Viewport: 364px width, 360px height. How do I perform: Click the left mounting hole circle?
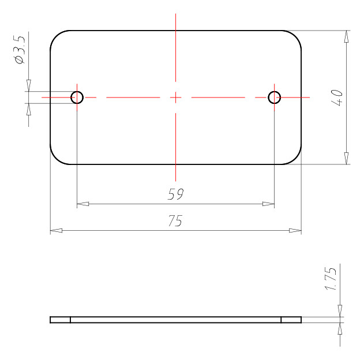77,92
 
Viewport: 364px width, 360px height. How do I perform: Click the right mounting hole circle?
274,92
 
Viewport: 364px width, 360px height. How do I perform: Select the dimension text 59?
175,194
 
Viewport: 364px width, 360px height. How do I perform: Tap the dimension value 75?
175,220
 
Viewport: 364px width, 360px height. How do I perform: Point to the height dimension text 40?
337,97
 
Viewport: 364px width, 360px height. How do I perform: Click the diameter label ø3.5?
19,50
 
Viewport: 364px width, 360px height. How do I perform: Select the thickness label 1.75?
330,279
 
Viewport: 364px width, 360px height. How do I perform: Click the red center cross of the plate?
175,97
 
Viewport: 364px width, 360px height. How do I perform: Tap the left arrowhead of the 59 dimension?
82,204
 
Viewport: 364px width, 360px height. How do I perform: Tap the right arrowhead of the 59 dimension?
268,204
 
